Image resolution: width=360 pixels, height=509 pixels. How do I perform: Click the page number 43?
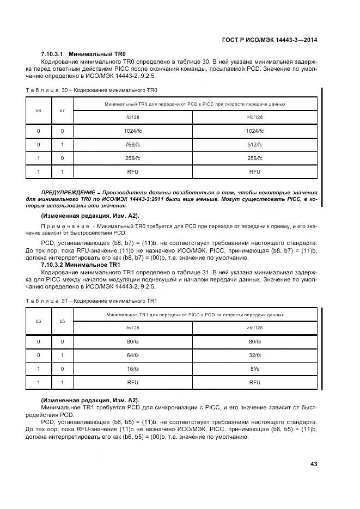pyautogui.click(x=313, y=464)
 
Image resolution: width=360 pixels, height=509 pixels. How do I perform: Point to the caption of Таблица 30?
pyautogui.click(x=91, y=90)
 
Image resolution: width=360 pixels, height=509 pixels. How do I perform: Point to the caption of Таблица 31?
pyautogui.click(x=91, y=301)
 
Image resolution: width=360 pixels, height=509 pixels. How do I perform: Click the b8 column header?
pyautogui.click(x=38, y=111)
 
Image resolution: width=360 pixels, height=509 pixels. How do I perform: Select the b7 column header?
pyautogui.click(x=62, y=111)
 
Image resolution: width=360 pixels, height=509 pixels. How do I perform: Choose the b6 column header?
pyautogui.click(x=38, y=321)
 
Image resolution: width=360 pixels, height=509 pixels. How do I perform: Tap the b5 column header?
pyautogui.click(x=62, y=321)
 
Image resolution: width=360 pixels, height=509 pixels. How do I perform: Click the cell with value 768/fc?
pyautogui.click(x=132, y=145)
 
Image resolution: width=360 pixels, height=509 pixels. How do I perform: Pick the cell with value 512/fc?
pyautogui.click(x=254, y=145)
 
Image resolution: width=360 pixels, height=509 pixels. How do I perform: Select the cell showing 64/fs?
pyautogui.click(x=132, y=355)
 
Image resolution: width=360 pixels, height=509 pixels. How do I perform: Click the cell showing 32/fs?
pyautogui.click(x=254, y=355)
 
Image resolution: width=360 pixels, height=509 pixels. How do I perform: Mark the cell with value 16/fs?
pyautogui.click(x=132, y=369)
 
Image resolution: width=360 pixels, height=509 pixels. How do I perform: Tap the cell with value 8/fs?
pyautogui.click(x=254, y=369)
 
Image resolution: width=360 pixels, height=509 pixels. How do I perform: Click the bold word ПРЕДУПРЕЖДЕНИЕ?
pyautogui.click(x=66, y=193)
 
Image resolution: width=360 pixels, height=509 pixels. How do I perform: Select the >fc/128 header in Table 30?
pyautogui.click(x=254, y=118)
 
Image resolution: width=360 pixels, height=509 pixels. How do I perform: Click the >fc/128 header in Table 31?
pyautogui.click(x=254, y=328)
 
